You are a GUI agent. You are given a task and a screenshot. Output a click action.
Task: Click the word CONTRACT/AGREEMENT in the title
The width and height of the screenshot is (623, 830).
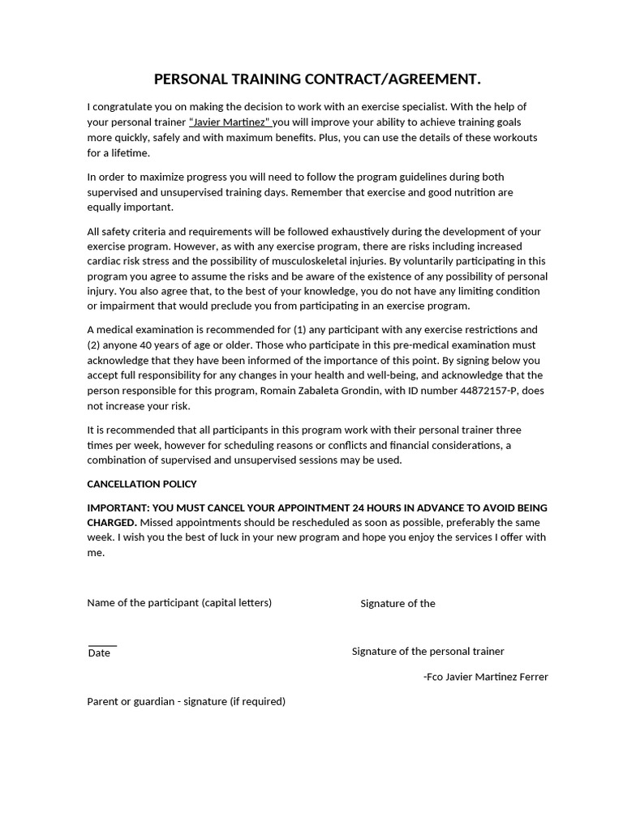(x=392, y=79)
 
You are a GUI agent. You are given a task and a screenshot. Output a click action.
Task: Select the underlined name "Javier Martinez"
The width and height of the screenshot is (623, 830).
(x=230, y=122)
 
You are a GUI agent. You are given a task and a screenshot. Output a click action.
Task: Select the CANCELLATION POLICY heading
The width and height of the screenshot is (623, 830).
(x=142, y=484)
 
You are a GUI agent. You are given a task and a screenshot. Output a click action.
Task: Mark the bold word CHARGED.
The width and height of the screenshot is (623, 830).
(x=112, y=523)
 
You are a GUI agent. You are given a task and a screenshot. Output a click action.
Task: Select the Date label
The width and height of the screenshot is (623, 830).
(x=99, y=653)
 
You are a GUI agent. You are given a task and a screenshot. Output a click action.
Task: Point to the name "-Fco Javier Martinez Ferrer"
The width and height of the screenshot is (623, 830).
(x=486, y=677)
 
